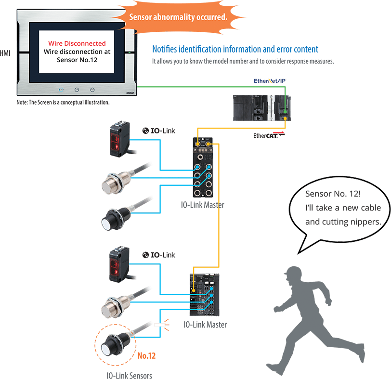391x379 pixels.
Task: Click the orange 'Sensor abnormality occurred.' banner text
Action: coord(178,17)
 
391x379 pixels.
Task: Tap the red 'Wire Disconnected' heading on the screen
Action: coord(77,43)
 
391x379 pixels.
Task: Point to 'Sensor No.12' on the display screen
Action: coord(77,60)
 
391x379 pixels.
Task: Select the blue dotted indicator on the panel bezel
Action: coord(61,90)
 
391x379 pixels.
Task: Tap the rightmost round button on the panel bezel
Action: coord(92,90)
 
